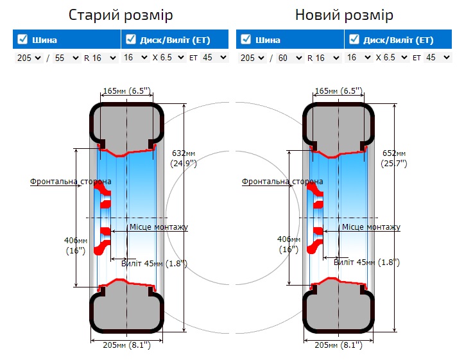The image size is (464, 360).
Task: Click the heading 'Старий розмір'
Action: tap(121, 14)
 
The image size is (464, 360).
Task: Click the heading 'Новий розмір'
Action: tap(344, 14)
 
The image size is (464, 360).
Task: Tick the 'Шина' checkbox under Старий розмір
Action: tap(22, 39)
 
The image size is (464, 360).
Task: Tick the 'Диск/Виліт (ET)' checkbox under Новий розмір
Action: tap(354, 39)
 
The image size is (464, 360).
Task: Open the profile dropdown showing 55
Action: tap(67, 58)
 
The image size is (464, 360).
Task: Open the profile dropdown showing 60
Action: tap(290, 58)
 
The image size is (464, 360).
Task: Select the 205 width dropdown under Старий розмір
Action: tap(28, 58)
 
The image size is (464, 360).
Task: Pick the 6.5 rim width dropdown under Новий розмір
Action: tap(393, 58)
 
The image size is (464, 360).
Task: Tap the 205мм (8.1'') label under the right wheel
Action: tap(338, 345)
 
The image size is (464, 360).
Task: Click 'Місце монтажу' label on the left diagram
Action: tap(159, 227)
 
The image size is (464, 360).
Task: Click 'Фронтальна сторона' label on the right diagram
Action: tap(282, 182)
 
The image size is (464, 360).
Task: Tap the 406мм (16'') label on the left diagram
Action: tap(76, 245)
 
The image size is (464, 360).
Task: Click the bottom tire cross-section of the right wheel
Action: tap(338, 311)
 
